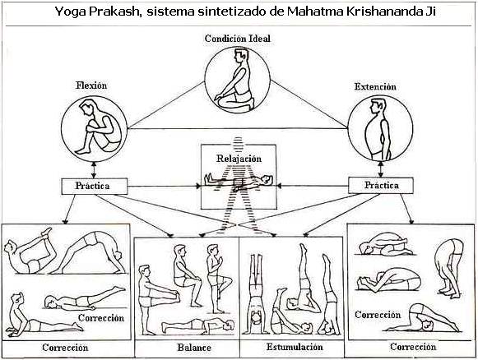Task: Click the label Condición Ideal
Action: click(238, 39)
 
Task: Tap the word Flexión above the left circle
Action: click(91, 85)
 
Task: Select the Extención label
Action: click(375, 87)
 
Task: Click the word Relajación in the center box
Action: click(239, 159)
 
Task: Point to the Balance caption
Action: click(194, 348)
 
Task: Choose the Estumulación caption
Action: click(295, 347)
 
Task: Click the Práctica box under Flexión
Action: click(94, 186)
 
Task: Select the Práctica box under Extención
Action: click(381, 186)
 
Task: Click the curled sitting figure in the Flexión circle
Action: click(97, 128)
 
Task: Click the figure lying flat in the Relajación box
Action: click(239, 181)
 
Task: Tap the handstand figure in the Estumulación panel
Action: click(256, 294)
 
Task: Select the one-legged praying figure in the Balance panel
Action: click(217, 279)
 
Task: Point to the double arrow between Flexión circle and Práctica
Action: click(94, 170)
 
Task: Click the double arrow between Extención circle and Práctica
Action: click(380, 169)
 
